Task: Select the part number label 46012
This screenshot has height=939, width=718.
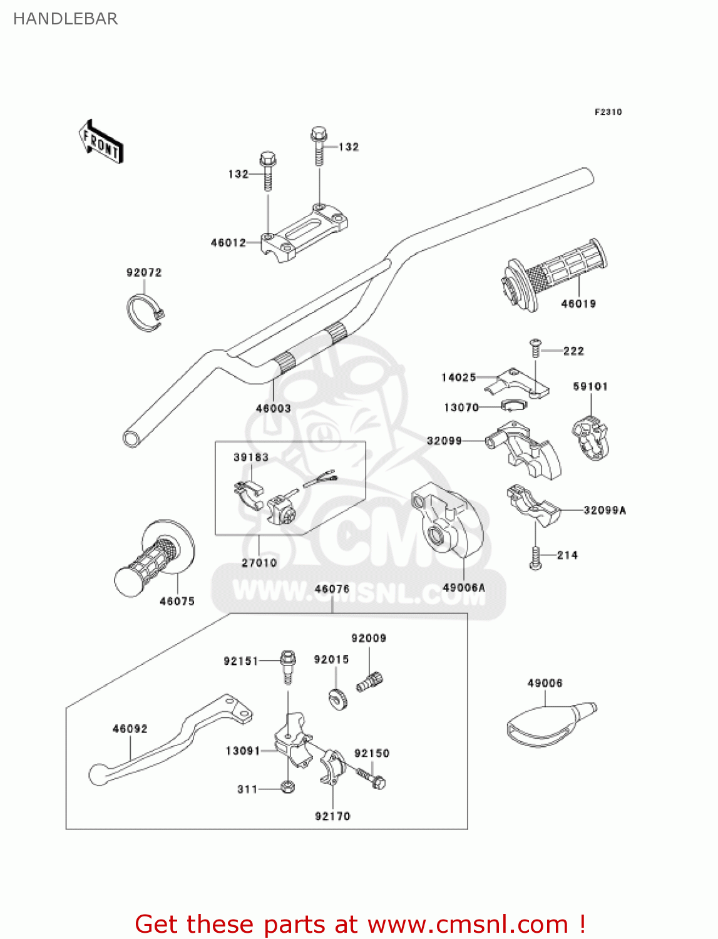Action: [x=228, y=243]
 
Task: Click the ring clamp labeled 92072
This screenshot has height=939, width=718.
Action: [x=144, y=311]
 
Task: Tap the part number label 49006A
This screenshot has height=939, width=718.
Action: [x=464, y=587]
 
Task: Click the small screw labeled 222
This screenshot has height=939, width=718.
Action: [x=535, y=346]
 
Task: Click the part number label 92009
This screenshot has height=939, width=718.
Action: [x=369, y=638]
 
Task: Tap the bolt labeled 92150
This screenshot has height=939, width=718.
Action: [x=372, y=778]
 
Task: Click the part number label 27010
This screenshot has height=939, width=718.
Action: [x=259, y=563]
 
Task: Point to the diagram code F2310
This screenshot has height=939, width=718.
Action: [x=608, y=112]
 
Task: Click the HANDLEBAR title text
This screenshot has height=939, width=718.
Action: [x=66, y=19]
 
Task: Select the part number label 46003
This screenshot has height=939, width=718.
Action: [x=274, y=408]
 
